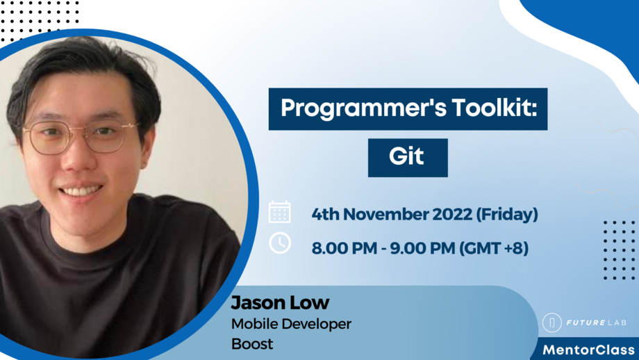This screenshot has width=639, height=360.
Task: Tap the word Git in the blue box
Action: tap(406, 156)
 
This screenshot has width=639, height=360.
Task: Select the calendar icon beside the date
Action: tap(280, 212)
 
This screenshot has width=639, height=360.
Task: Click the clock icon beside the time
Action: tap(280, 243)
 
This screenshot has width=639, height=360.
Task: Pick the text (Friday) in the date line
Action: tap(507, 214)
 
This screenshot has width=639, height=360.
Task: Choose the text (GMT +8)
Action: tap(494, 247)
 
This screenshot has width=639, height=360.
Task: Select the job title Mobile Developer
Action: tap(291, 323)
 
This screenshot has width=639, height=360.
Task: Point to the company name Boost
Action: tap(252, 343)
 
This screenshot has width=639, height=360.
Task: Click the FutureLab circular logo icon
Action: tap(552, 322)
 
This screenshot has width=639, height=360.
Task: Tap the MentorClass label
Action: tap(588, 349)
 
